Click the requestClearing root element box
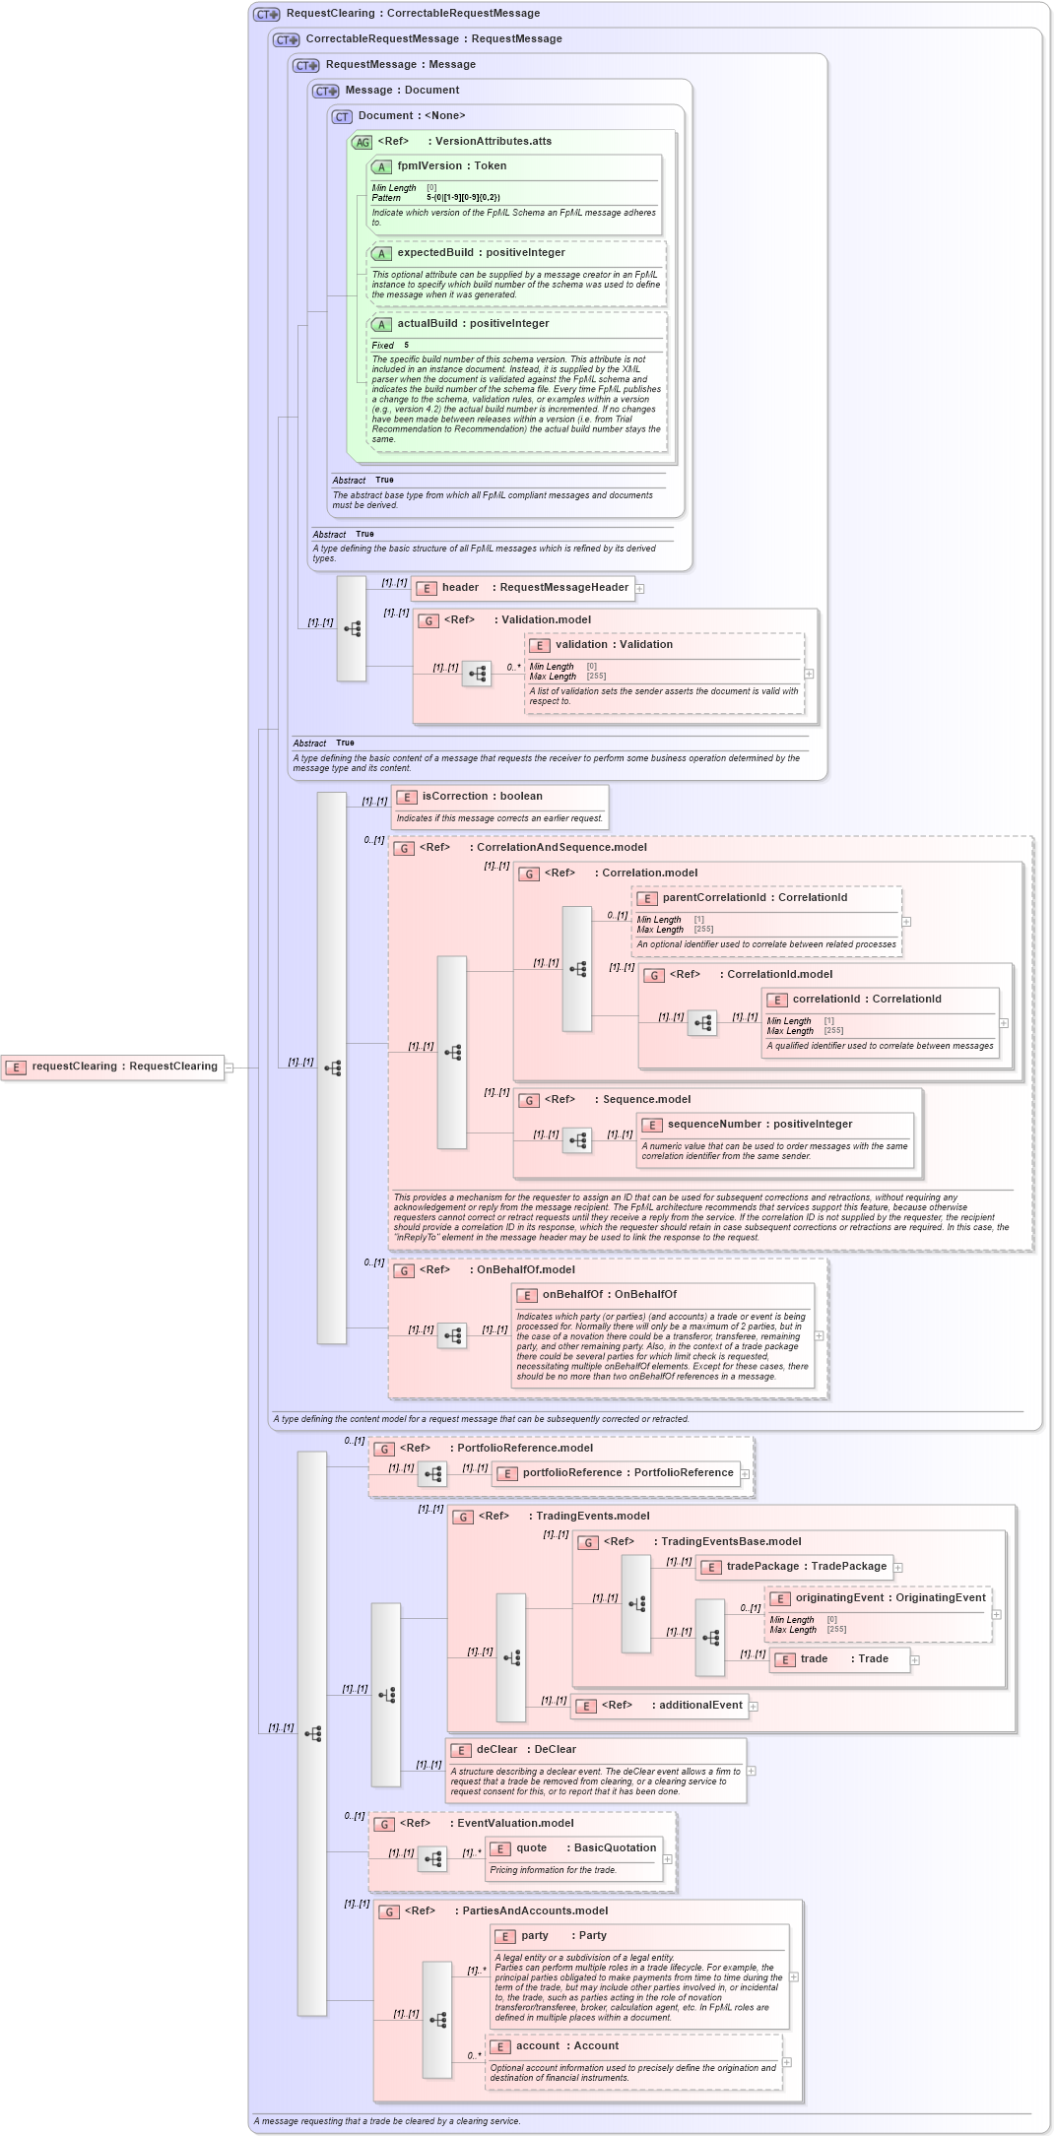coord(112,1067)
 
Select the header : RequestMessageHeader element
coord(522,588)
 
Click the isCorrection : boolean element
coord(482,797)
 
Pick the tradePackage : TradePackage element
coord(793,1567)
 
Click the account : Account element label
coord(566,2046)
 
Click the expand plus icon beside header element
coord(640,589)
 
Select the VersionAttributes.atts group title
coord(493,142)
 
